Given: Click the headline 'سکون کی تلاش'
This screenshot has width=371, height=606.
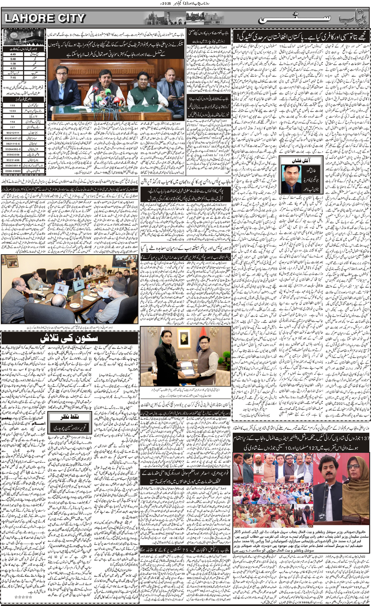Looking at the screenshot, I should (x=69, y=338).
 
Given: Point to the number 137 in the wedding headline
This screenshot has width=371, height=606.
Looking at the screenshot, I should (x=363, y=438).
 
